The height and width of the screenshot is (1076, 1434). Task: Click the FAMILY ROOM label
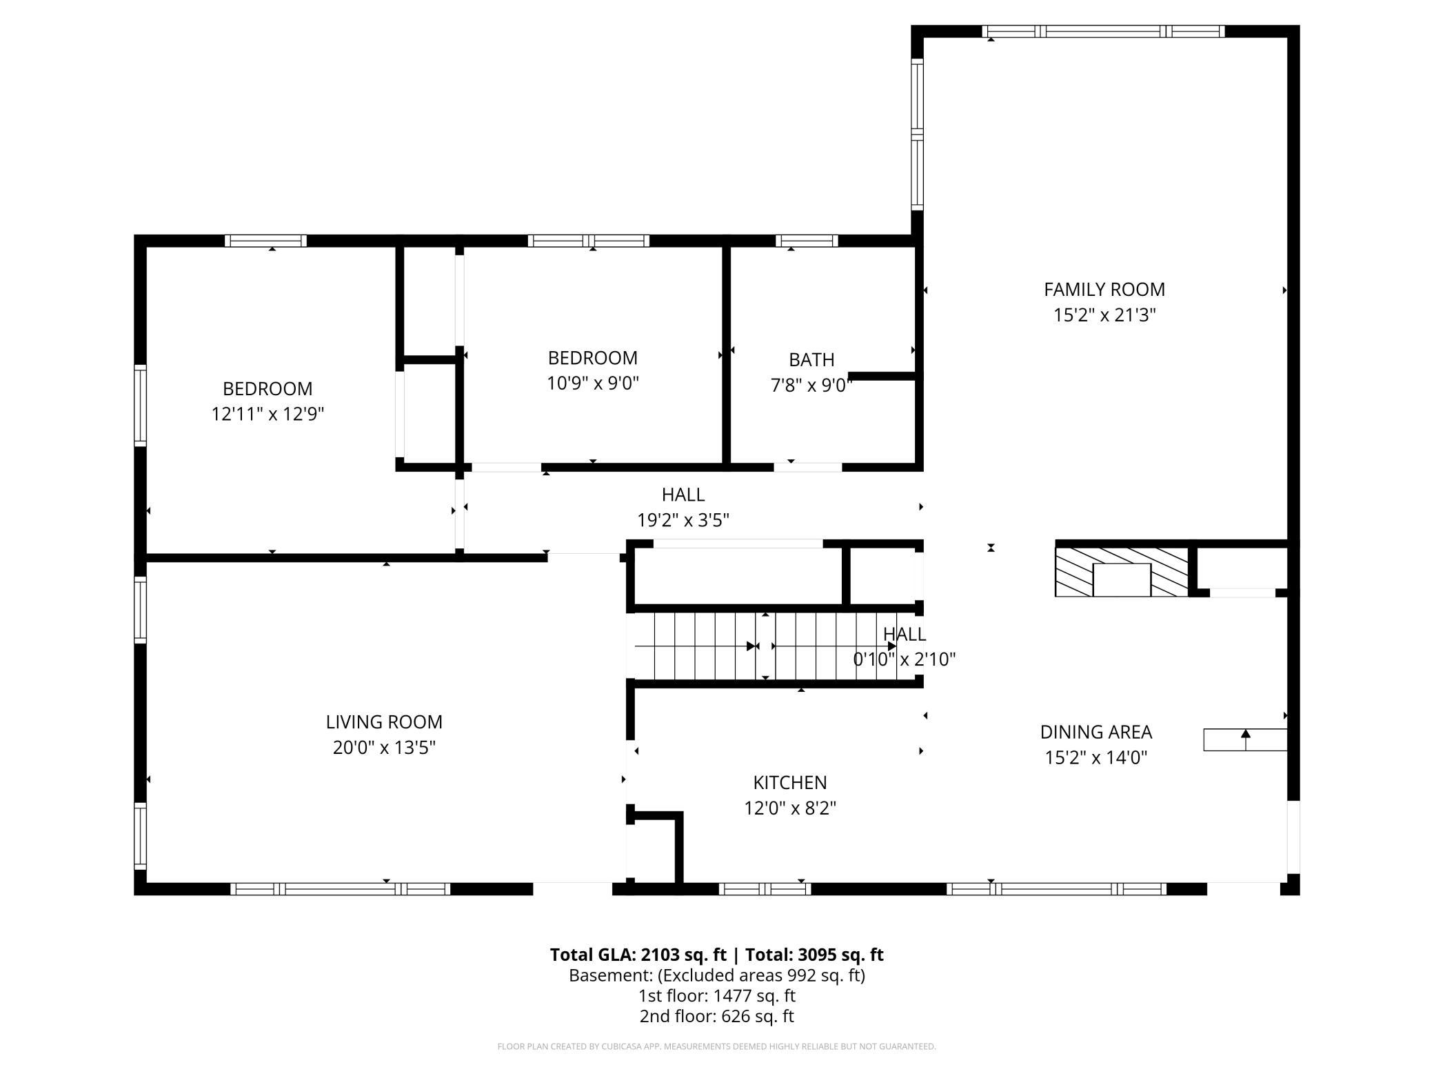click(1104, 290)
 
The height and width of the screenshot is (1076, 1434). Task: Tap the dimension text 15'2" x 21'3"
click(1104, 315)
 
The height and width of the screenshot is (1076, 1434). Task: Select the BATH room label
click(811, 360)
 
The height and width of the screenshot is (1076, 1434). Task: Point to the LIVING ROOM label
click(384, 722)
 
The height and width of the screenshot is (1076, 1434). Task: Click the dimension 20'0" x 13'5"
click(384, 748)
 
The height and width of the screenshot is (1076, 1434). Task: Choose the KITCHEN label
click(790, 783)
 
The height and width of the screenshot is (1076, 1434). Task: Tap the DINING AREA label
click(1096, 732)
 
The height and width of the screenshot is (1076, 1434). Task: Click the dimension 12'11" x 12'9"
click(267, 414)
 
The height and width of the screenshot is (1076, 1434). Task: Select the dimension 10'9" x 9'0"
click(593, 383)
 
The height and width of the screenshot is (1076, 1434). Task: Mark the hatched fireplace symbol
click(1122, 572)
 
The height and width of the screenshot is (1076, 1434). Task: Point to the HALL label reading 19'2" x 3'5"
click(683, 495)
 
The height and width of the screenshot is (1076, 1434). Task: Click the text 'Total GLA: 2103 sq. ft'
click(638, 955)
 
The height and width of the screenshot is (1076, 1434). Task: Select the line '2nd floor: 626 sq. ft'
click(717, 1016)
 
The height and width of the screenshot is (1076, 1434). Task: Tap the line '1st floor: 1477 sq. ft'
click(717, 996)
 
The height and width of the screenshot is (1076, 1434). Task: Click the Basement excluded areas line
click(717, 975)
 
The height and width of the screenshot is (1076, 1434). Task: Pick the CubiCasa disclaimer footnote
click(717, 1046)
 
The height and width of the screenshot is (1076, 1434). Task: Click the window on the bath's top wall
click(807, 241)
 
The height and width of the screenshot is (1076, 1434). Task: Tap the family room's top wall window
click(1103, 31)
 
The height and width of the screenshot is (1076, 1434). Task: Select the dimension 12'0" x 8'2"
click(790, 808)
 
